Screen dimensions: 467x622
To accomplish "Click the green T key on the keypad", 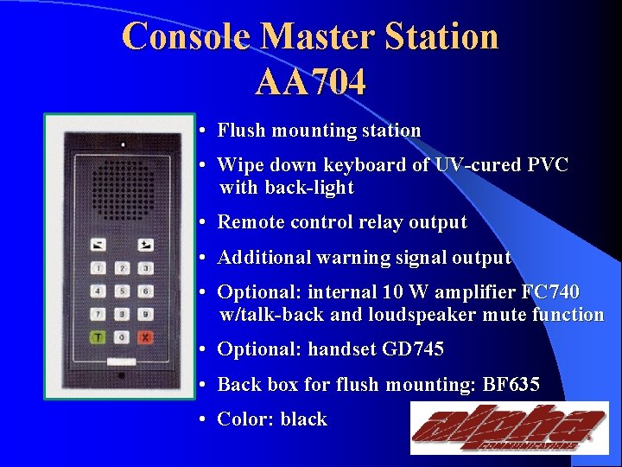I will [99, 336].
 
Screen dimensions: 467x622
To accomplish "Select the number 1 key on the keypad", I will [99, 269].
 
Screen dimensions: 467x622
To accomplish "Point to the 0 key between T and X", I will [123, 336].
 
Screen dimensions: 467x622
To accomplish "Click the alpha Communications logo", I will [508, 429].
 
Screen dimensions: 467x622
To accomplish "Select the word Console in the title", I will [187, 37].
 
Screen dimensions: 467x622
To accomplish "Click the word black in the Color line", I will [303, 419].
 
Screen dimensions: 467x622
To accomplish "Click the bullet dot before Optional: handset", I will [200, 350].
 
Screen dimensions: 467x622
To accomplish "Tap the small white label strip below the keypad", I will [122, 361].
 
